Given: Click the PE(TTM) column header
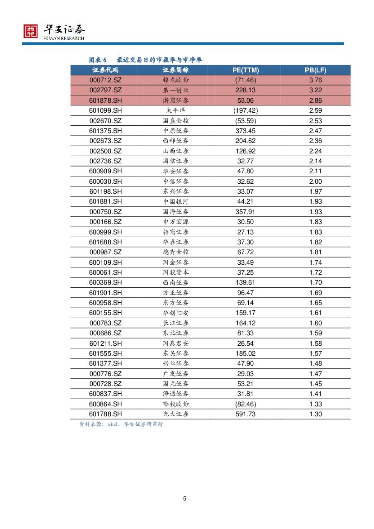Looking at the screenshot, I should tap(246, 70).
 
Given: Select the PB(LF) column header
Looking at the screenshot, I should tap(315, 70).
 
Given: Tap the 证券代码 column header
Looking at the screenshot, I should tap(105, 70).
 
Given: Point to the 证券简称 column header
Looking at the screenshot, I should tap(175, 70).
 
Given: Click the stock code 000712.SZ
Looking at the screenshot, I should tap(105, 80).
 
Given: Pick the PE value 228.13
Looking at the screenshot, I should tap(246, 90).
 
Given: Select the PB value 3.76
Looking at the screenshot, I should tap(315, 80).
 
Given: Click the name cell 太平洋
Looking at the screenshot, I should tap(175, 110).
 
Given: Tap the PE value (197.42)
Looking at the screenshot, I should tap(246, 110).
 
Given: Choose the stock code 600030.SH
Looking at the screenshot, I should tap(105, 181).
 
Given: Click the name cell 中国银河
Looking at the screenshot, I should tap(175, 201).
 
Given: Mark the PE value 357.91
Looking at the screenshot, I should tap(246, 212).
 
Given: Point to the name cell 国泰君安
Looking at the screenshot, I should tap(175, 343).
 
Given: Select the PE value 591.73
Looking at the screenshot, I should tap(246, 414).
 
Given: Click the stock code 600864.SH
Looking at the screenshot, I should tap(105, 404).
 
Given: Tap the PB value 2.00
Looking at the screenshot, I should tap(315, 181).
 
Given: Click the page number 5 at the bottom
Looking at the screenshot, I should tap(185, 499).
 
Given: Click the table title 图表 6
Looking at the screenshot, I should tap(97, 60).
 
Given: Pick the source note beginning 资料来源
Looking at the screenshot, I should tap(121, 424).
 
